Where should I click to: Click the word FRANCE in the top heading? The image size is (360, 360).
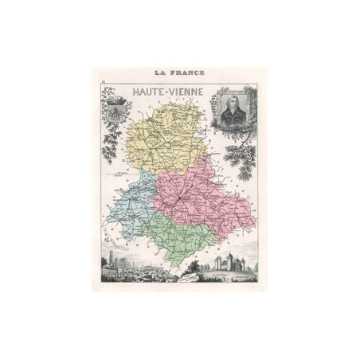(x=186, y=72)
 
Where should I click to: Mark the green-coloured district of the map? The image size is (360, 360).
(x=191, y=239)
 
